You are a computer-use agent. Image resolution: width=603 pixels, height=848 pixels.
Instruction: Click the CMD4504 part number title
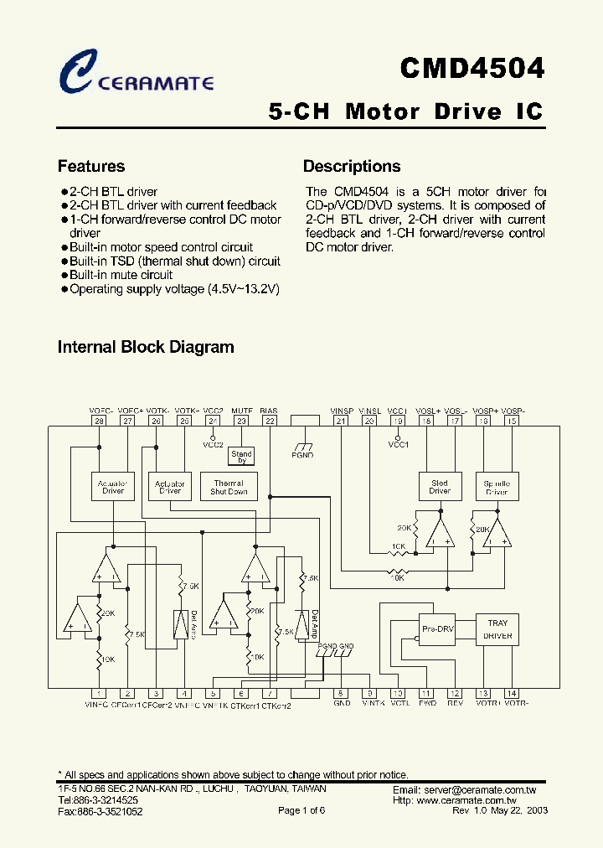(x=472, y=68)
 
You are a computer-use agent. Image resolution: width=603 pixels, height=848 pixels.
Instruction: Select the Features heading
(x=90, y=166)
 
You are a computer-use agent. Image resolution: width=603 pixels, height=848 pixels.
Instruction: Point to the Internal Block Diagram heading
(x=145, y=347)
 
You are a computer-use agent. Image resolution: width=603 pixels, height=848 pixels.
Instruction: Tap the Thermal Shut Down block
(x=229, y=487)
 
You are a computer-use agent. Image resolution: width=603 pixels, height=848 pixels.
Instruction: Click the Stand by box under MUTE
(x=241, y=457)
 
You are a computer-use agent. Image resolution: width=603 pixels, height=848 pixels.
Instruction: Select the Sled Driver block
(x=440, y=487)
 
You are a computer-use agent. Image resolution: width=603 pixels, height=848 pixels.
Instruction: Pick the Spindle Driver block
(x=497, y=487)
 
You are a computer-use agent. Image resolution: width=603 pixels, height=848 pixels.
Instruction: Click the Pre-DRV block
(x=436, y=628)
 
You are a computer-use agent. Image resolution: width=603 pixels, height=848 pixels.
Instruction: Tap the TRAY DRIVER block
(x=497, y=629)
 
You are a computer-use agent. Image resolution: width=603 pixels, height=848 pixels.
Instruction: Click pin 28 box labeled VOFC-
(x=99, y=421)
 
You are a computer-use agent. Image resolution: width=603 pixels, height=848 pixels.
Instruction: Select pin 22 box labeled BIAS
(x=270, y=421)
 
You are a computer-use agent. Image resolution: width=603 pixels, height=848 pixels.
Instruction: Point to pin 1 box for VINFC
(x=99, y=693)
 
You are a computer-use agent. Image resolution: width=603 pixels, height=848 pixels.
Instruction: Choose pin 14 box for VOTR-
(x=512, y=693)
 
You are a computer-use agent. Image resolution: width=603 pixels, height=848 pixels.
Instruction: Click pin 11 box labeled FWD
(x=426, y=693)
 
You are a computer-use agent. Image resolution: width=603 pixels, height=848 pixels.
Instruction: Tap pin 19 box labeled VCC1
(x=398, y=421)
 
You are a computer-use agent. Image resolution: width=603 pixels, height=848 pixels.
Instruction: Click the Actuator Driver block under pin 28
(x=112, y=487)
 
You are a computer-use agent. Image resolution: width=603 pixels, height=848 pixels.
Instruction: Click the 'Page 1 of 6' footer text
(x=301, y=810)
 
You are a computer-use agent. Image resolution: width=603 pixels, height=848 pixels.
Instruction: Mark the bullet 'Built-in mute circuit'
(x=121, y=275)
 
